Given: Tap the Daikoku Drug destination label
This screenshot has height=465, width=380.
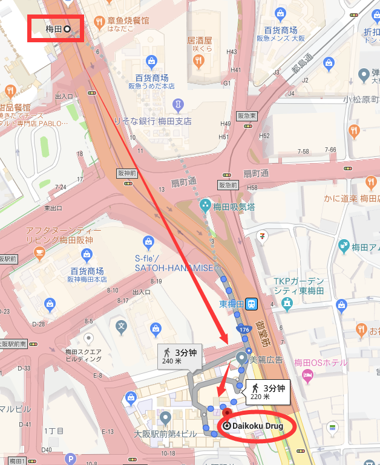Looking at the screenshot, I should (x=258, y=426).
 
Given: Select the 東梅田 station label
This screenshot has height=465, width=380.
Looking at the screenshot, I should (x=232, y=304).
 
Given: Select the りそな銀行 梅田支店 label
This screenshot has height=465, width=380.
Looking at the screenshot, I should (x=152, y=121).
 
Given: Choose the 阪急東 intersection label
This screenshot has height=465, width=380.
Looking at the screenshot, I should (x=246, y=115).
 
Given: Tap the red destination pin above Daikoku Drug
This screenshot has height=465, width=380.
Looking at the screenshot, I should (x=228, y=413).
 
